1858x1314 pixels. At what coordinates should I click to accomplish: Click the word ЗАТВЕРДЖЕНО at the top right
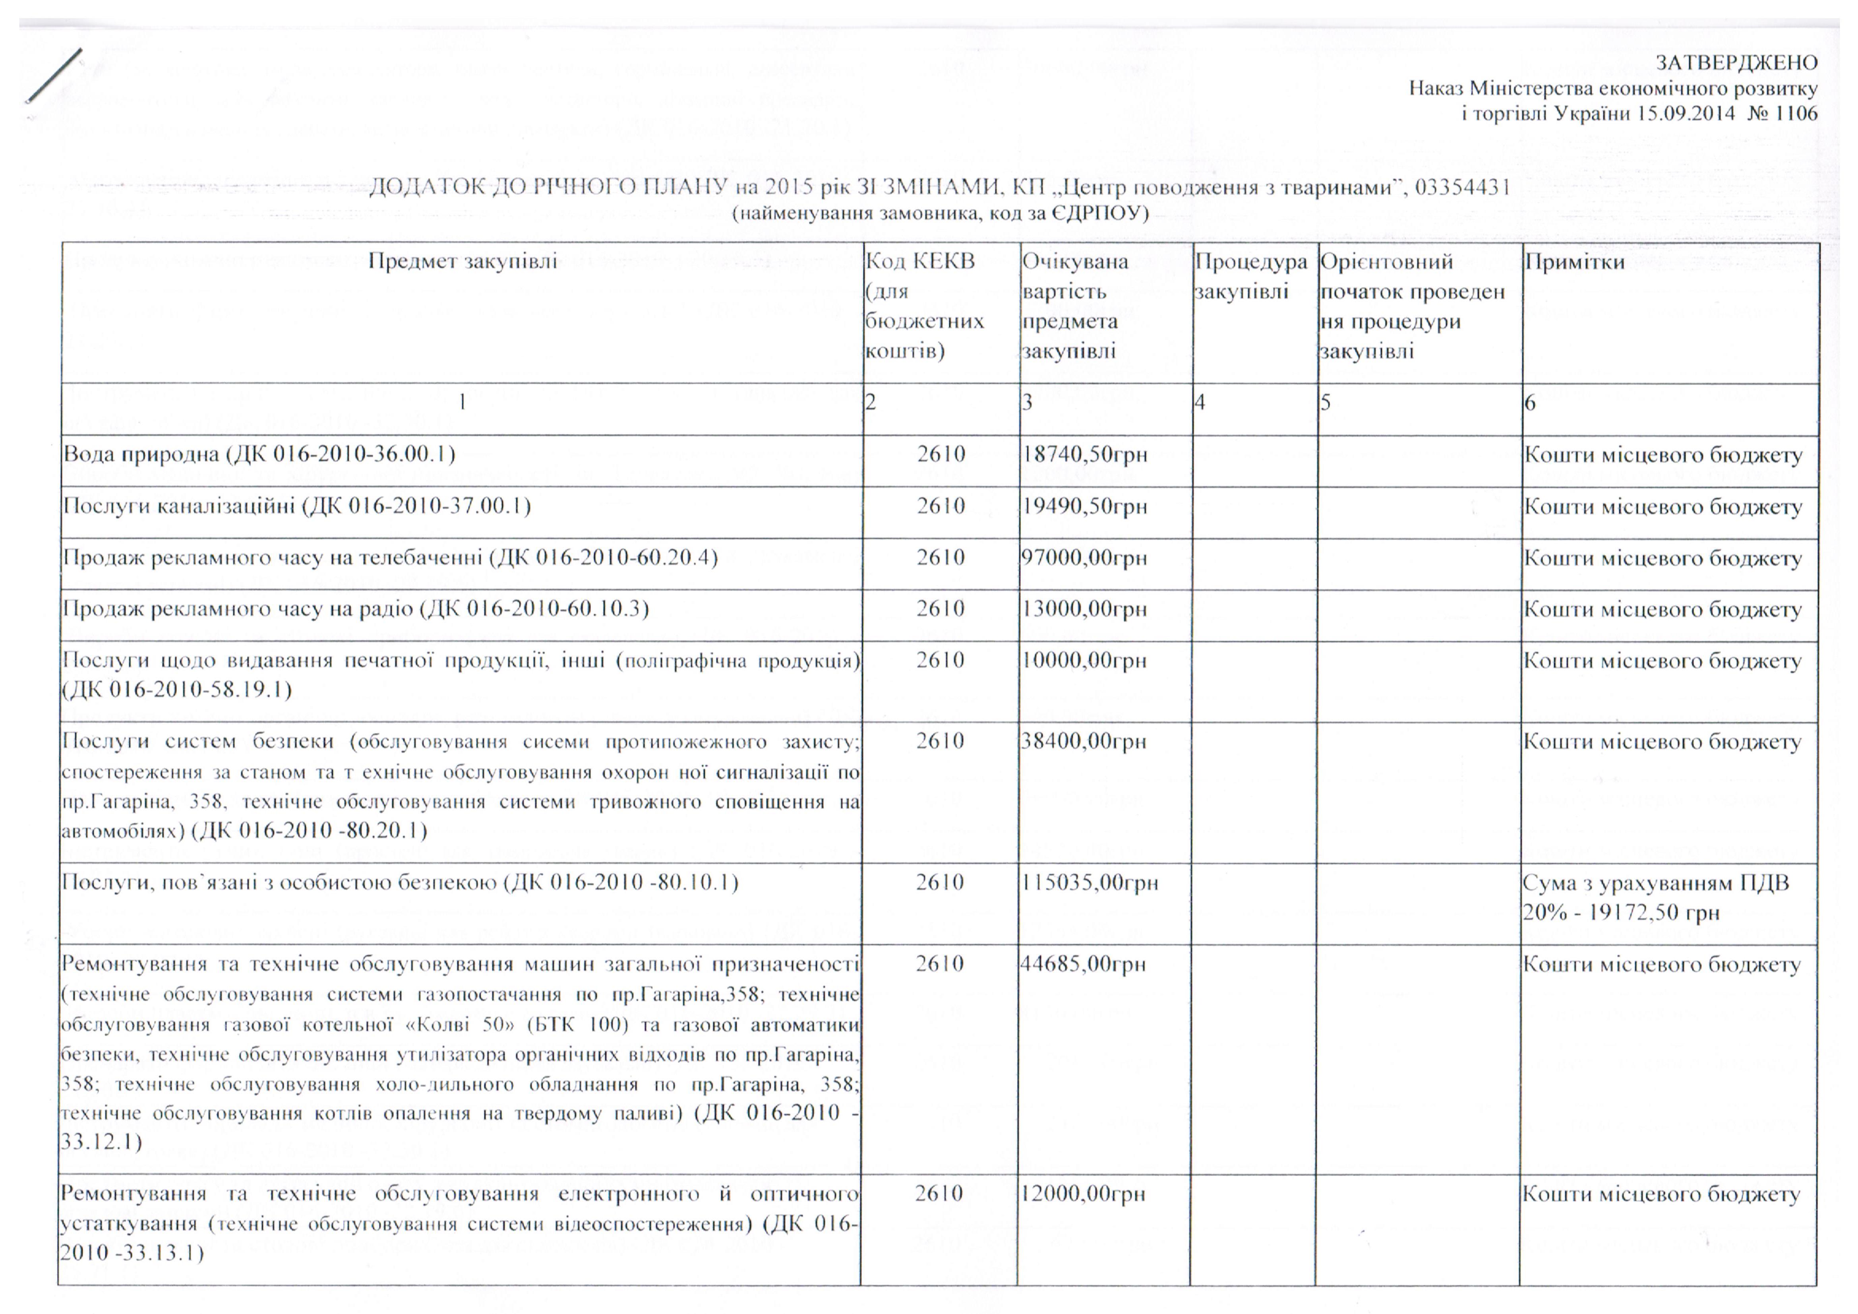pos(1736,62)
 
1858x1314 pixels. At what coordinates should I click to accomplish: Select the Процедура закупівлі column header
pos(1250,276)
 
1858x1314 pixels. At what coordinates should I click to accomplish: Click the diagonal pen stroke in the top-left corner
pos(54,75)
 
